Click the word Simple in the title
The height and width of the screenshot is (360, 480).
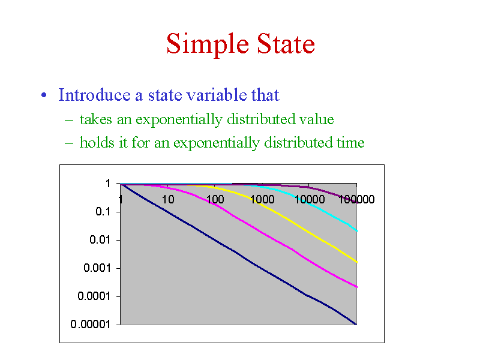pyautogui.click(x=208, y=44)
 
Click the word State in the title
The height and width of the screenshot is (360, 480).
pyautogui.click(x=286, y=44)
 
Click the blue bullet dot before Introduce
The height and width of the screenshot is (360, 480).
pyautogui.click(x=44, y=95)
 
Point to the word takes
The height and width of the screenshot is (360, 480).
pyautogui.click(x=95, y=119)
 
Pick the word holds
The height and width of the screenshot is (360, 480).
pyautogui.click(x=97, y=142)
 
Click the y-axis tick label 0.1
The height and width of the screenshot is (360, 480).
pyautogui.click(x=103, y=212)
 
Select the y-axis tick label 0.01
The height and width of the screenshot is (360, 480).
pyautogui.click(x=100, y=239)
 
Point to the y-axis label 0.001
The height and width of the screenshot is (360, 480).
pyautogui.click(x=97, y=268)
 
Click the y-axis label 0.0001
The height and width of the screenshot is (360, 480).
pyautogui.click(x=94, y=296)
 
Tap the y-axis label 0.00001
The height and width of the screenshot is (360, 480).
pyautogui.click(x=91, y=324)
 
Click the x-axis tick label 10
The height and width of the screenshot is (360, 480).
pyautogui.click(x=168, y=199)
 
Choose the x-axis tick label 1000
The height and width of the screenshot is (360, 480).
pyautogui.click(x=262, y=199)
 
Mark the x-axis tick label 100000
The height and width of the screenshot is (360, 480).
pyautogui.click(x=356, y=199)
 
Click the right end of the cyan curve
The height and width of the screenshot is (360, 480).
pyautogui.click(x=356, y=231)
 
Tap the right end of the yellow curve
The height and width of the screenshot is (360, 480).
pyautogui.click(x=356, y=262)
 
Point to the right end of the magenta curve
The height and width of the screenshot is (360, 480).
pyautogui.click(x=356, y=287)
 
